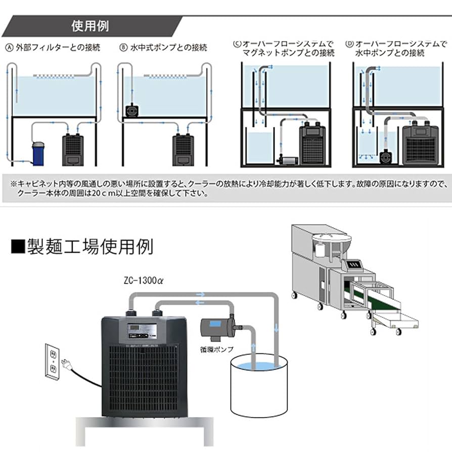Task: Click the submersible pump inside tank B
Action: coord(131,110)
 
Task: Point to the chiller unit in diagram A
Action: coord(72,150)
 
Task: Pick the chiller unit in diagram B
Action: coord(183,150)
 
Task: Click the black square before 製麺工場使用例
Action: coord(17,247)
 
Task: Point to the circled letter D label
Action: coord(349,44)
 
